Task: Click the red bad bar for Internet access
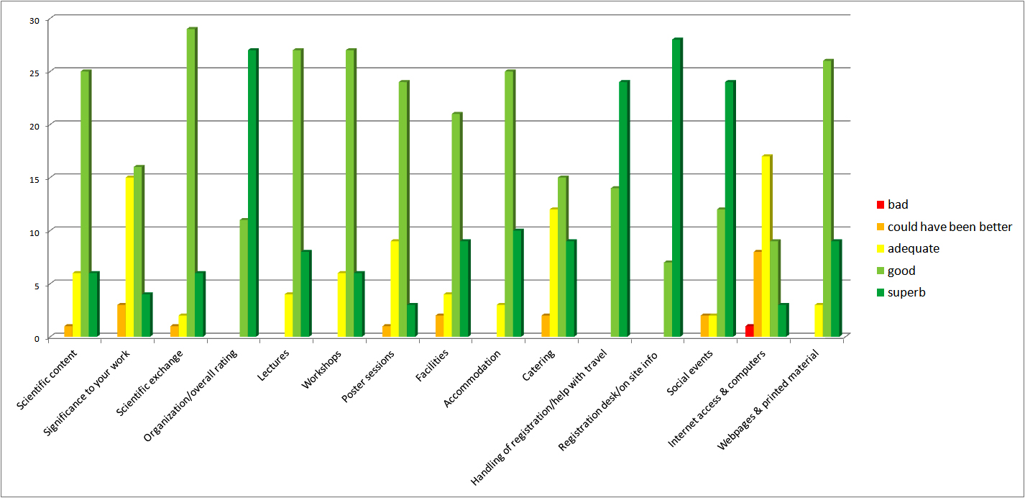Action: (x=749, y=331)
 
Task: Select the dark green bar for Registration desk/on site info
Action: (x=677, y=188)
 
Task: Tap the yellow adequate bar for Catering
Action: (x=554, y=273)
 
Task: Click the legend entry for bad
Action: (x=898, y=204)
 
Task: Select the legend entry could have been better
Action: (x=949, y=227)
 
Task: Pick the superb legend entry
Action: (x=905, y=292)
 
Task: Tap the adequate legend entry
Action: (x=913, y=249)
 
